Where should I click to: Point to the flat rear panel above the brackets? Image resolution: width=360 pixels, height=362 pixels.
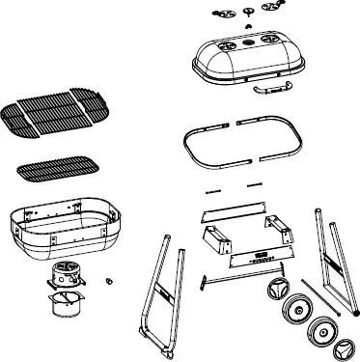tap(233, 212)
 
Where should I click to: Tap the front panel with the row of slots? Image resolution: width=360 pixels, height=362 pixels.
tap(259, 257)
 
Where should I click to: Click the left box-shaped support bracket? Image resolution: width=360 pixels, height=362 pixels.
tap(217, 236)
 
